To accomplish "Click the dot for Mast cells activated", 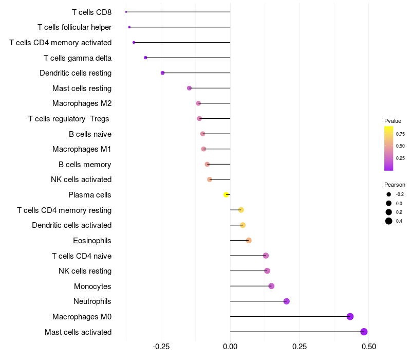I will coord(364,332).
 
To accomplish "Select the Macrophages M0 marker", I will coord(350,316).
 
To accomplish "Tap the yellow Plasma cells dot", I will coord(226,194).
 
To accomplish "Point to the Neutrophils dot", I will coord(287,301).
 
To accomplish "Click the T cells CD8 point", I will coord(126,12).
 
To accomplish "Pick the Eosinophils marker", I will coord(249,240).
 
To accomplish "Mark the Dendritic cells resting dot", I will coord(162,73).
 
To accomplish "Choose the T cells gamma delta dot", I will coord(145,58).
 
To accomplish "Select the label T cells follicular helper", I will coord(74,27).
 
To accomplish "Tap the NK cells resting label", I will coord(85,271).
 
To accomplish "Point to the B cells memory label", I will coord(85,165).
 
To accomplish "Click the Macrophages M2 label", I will coord(82,103).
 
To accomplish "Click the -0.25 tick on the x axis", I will coord(161,346).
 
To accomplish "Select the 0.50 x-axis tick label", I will coord(368,346).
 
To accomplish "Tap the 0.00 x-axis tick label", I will coord(230,346).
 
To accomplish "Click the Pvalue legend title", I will coord(393,121).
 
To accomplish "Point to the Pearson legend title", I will coord(395,185).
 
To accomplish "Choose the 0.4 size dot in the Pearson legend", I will coord(389,221).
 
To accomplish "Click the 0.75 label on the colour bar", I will coord(400,134).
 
